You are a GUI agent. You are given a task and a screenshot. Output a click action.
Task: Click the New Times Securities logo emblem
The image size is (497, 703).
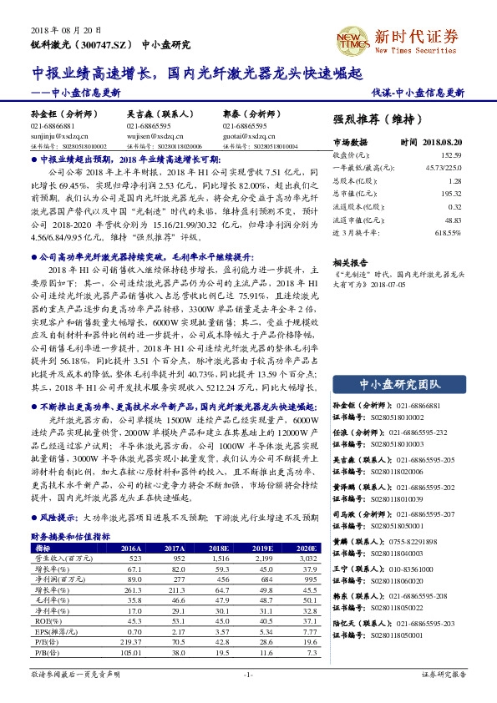point(352,41)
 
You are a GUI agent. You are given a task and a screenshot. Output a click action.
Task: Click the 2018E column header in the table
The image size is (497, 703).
point(221,548)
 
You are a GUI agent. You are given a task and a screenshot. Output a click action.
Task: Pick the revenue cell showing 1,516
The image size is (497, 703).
point(220,558)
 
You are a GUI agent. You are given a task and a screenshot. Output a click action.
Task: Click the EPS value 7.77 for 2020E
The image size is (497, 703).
point(308,631)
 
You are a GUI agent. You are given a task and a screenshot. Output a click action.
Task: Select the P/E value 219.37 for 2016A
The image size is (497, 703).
point(131,641)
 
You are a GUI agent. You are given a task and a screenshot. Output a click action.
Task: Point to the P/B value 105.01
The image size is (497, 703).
point(131,652)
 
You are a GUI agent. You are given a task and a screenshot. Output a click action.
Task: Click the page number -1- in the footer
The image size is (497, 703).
point(248,674)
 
